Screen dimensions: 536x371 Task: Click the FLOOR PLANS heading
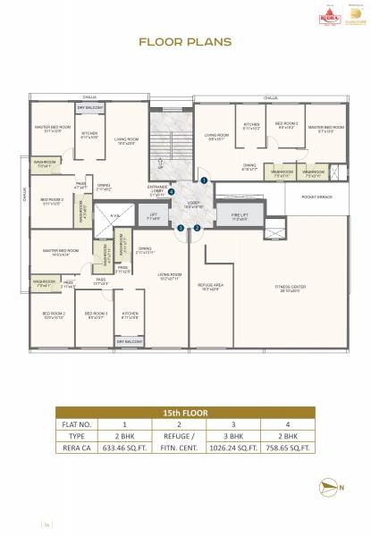(185, 41)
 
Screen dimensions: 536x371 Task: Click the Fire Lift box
(239, 214)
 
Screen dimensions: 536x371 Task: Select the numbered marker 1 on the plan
(204, 180)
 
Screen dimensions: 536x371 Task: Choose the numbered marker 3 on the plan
(180, 228)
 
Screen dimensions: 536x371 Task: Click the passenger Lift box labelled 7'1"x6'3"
(154, 215)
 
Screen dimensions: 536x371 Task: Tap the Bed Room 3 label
(96, 314)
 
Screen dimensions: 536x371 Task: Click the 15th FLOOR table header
(184, 415)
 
